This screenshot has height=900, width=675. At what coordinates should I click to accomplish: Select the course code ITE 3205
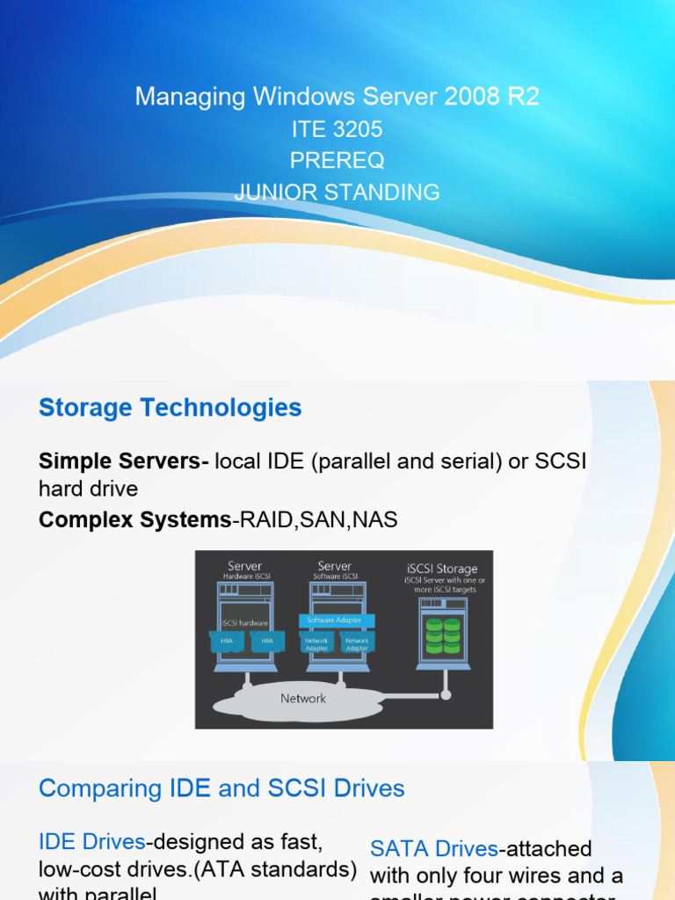click(337, 129)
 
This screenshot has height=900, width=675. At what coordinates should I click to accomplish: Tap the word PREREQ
click(337, 161)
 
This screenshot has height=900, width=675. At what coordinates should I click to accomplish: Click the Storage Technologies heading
click(170, 408)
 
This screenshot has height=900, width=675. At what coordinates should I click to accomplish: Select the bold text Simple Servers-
click(123, 461)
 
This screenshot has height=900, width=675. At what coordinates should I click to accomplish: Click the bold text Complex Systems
click(134, 520)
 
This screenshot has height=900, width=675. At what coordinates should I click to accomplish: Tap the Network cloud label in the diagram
click(302, 699)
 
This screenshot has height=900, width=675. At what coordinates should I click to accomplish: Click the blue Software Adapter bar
click(337, 621)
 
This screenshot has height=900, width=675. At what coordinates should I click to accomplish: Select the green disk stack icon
click(442, 635)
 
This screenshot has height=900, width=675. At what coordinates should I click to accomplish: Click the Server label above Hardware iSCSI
click(244, 566)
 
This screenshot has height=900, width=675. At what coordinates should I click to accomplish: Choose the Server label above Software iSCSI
click(334, 566)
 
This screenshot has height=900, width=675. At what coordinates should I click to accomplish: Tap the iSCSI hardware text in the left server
click(244, 623)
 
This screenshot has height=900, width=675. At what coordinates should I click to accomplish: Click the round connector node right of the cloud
click(446, 694)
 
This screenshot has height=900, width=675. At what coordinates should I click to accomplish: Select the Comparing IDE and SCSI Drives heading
click(221, 788)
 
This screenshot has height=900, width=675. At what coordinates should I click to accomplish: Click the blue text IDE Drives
click(91, 842)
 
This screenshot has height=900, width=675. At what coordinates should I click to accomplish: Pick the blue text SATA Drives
click(433, 849)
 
